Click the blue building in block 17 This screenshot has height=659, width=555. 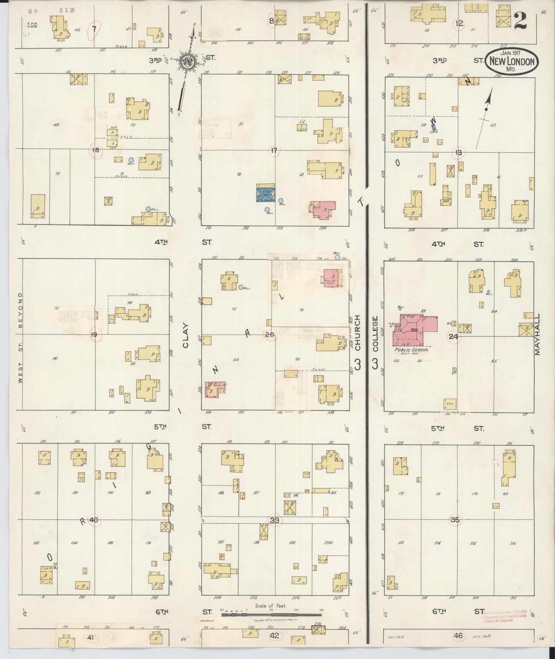[x=265, y=194]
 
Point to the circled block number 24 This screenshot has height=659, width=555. [x=454, y=337]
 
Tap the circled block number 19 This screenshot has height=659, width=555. [x=94, y=334]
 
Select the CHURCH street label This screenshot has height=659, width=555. [x=358, y=333]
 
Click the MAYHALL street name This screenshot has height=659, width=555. [x=537, y=334]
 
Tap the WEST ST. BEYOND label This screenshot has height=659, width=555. [x=20, y=338]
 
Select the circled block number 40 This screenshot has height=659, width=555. [x=93, y=520]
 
